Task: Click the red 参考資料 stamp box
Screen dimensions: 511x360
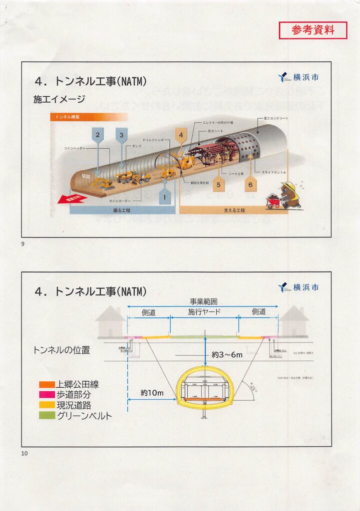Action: [313, 30]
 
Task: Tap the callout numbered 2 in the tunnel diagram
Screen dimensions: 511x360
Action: [98, 135]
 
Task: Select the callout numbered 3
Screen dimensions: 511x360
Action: [121, 135]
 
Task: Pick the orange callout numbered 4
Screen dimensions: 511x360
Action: [181, 135]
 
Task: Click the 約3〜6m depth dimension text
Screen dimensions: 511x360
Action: [227, 355]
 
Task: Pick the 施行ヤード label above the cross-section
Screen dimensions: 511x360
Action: [204, 312]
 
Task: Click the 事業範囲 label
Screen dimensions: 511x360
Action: [203, 301]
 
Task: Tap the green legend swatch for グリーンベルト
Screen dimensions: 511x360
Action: [47, 416]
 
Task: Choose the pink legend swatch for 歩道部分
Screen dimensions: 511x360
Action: [47, 395]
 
